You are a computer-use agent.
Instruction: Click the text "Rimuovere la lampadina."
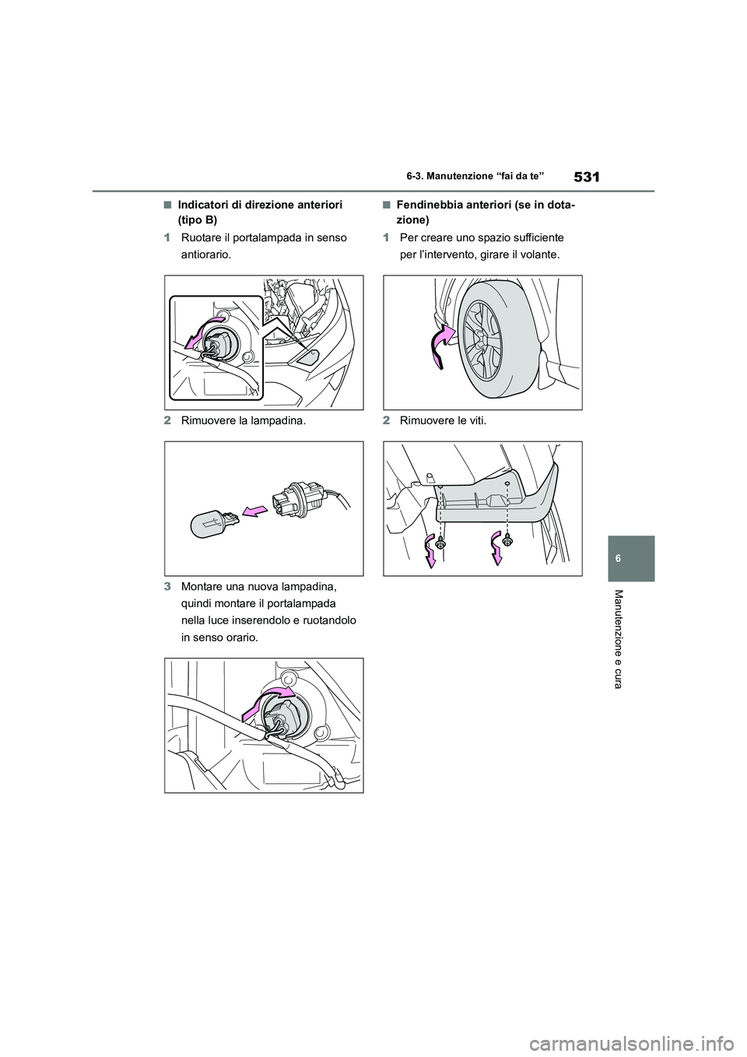pos(243,421)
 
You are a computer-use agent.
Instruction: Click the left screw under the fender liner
pos(440,545)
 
